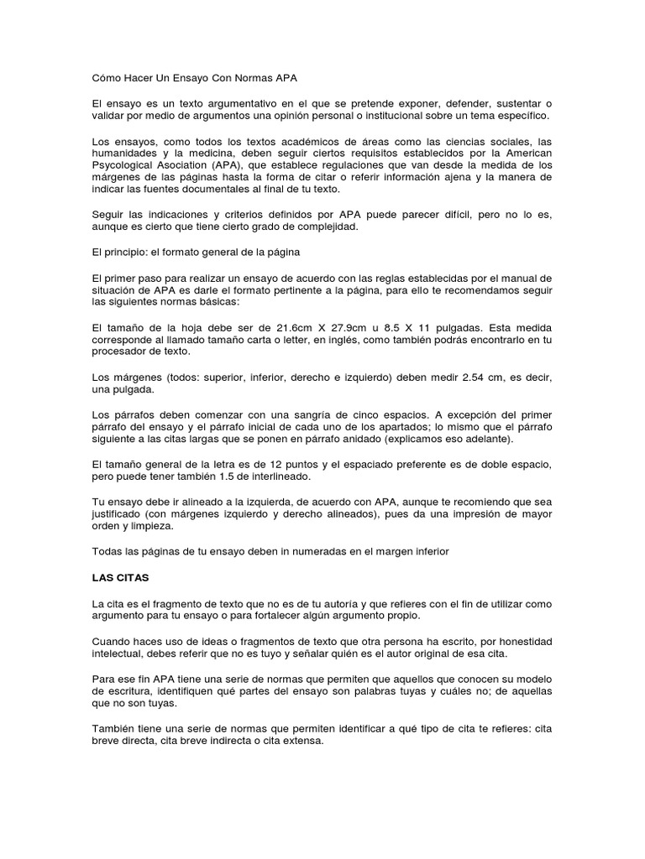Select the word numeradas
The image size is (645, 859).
pyautogui.click(x=312, y=551)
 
